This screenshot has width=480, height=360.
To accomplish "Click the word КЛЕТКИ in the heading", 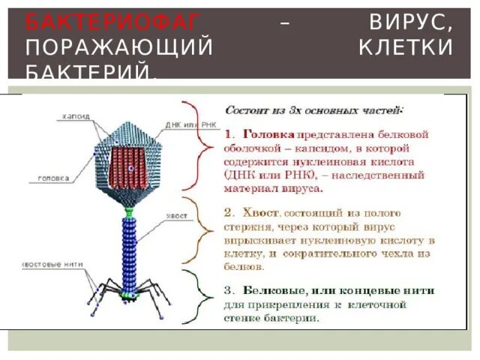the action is tap(406, 48).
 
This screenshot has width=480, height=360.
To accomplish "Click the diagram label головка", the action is tap(55, 178).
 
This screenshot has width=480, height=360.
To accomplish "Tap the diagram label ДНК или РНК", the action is tap(180, 124).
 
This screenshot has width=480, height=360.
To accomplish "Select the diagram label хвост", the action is tap(177, 215).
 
